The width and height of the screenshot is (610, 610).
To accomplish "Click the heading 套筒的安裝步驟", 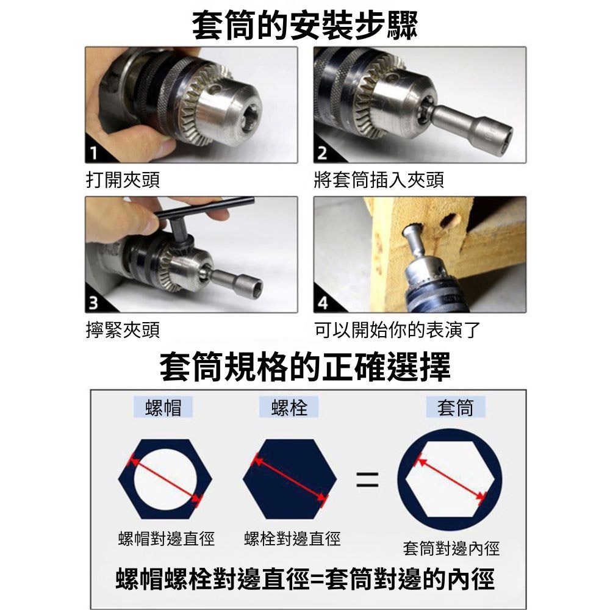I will pyautogui.click(x=305, y=25).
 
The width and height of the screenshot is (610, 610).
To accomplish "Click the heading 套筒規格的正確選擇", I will pyautogui.click(x=305, y=367).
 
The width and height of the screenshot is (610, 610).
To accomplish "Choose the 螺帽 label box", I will pyautogui.click(x=163, y=407).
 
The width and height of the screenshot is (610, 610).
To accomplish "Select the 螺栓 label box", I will pyautogui.click(x=289, y=407).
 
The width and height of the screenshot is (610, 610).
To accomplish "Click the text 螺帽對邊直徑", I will pyautogui.click(x=166, y=539).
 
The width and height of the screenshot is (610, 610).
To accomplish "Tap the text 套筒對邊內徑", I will pyautogui.click(x=451, y=549).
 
